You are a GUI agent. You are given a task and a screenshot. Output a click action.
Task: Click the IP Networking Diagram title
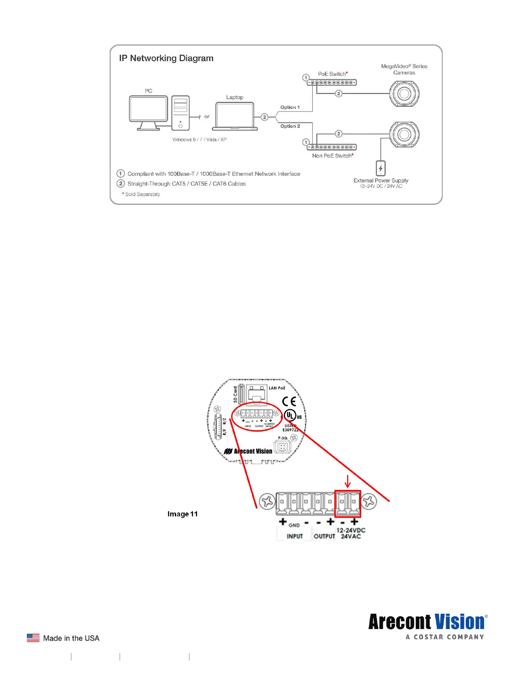pos(166,58)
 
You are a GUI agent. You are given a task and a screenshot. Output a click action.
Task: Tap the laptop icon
pos(235,116)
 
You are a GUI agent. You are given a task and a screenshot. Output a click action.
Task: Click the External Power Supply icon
pos(380,168)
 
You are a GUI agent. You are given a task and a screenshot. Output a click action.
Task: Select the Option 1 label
pos(290,108)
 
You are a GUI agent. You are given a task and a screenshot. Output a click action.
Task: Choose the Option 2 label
pos(290,126)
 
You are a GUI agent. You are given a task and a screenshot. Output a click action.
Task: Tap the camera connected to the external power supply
pos(404,134)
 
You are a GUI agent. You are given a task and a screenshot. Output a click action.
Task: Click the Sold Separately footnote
pos(142,194)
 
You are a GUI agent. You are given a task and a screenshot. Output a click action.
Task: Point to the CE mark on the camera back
pos(289,401)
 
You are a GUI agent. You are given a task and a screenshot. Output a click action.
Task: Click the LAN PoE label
pos(277,388)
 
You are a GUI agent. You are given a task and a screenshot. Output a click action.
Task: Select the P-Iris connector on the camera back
pos(282,447)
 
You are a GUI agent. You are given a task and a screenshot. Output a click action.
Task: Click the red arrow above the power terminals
pos(348,481)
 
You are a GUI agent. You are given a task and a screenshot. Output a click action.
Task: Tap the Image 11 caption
pos(183,514)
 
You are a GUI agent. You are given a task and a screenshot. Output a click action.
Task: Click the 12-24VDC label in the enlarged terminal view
pos(351,530)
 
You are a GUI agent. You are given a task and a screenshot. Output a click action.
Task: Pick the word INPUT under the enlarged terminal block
pos(295,536)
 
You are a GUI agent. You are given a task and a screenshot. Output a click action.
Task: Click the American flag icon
pos(33,638)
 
